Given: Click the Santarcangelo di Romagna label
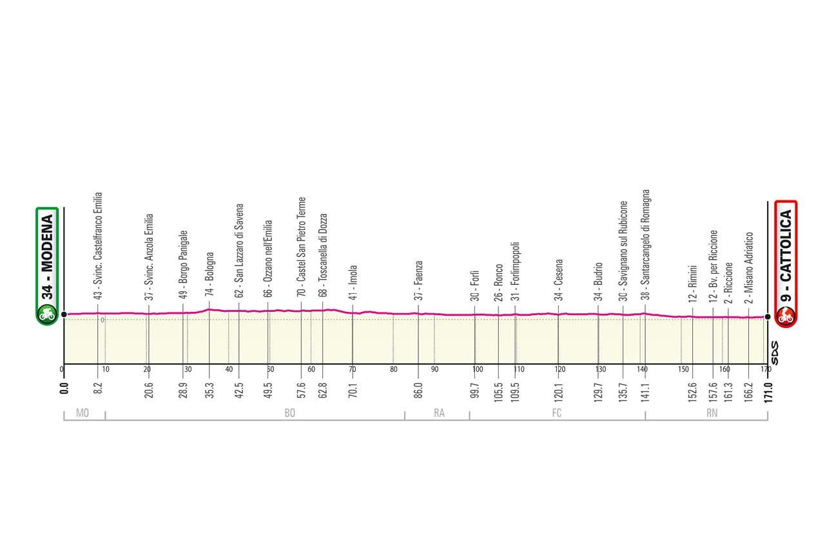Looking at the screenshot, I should point(645,245).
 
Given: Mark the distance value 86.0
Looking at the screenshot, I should point(418,392).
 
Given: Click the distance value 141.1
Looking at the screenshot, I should point(645,392).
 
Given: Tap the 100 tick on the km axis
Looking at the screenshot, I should point(477,369).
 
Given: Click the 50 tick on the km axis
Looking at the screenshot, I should point(271,369).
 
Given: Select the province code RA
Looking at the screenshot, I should point(439,413).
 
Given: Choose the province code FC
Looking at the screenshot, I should point(557,413).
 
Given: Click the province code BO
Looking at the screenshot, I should point(289,413).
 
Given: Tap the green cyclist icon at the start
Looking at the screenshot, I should point(47,315).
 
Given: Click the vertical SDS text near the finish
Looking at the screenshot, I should point(775,352).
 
